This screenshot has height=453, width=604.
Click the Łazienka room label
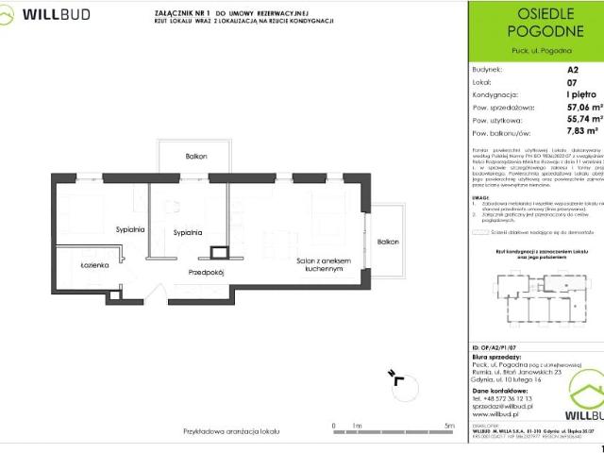(95, 265)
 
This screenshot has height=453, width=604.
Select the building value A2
(572, 70)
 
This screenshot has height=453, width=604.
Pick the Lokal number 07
(572, 82)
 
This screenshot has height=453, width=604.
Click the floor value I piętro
(578, 95)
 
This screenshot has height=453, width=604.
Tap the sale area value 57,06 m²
(583, 109)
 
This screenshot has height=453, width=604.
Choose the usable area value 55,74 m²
(583, 121)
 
